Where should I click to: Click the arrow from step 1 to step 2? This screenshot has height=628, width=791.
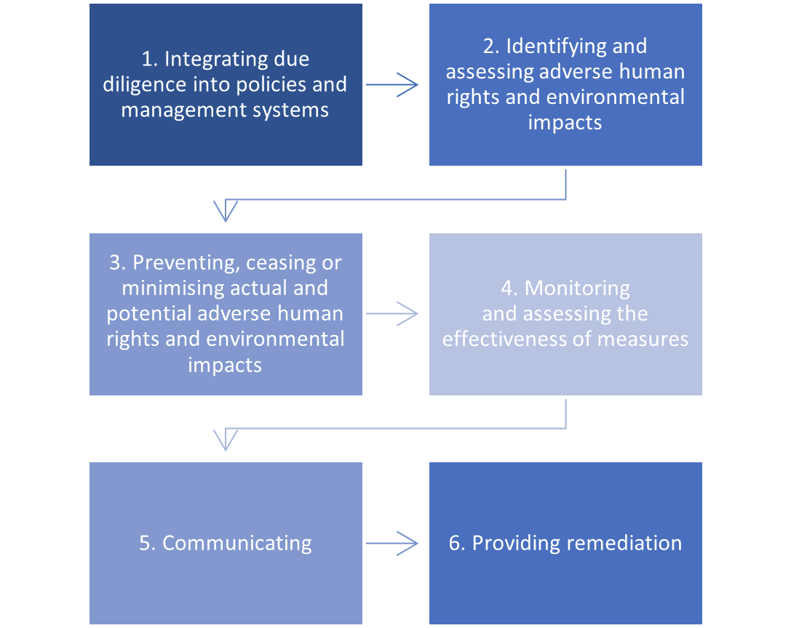[x=393, y=85]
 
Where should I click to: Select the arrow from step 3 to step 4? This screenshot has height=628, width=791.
[x=393, y=314]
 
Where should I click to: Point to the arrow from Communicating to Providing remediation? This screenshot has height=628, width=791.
[x=393, y=542]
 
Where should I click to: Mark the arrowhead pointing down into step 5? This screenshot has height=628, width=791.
[x=226, y=440]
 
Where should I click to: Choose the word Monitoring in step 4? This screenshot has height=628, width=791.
[x=577, y=288]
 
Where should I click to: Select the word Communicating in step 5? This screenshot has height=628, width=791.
[x=237, y=543]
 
